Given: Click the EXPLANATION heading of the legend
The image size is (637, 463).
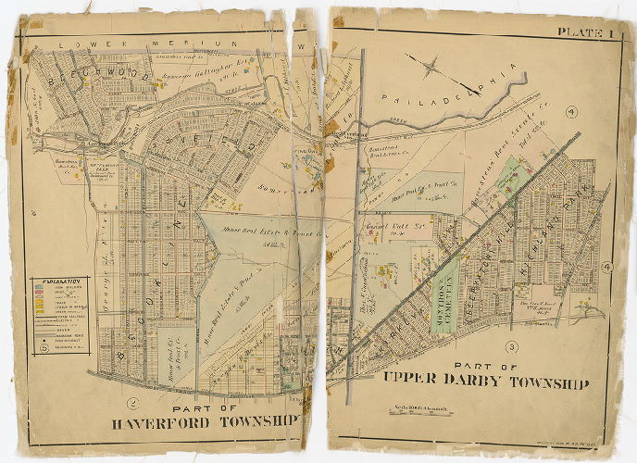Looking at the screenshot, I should [x=58, y=280].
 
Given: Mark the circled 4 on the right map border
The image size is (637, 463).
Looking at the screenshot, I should [x=606, y=268].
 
